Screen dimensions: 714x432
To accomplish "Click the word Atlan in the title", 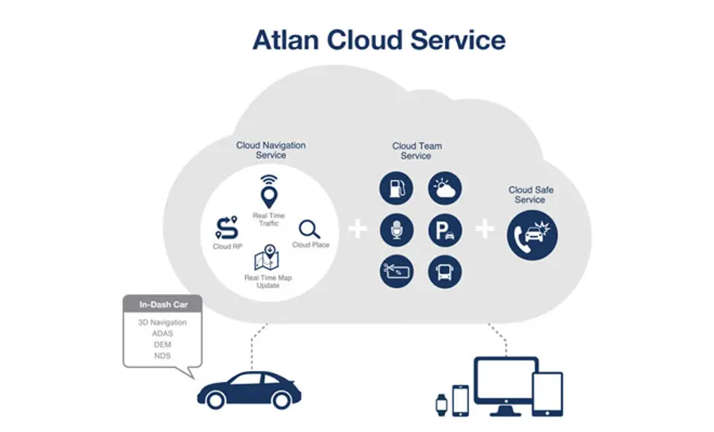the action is (x=286, y=40).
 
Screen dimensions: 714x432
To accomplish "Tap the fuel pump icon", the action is (x=396, y=188).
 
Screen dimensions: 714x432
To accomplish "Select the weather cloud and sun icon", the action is (x=445, y=188).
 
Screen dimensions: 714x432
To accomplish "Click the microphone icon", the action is (x=397, y=230).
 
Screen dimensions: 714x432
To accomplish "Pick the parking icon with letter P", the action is (x=445, y=230).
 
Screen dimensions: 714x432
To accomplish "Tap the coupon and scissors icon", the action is (x=397, y=271).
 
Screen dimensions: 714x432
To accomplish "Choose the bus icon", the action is (x=445, y=271).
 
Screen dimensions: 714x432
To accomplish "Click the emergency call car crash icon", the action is (x=532, y=235).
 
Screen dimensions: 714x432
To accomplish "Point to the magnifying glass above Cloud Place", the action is (x=309, y=230).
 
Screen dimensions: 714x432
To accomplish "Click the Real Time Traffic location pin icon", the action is (x=269, y=192).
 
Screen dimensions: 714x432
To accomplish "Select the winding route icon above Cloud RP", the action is (x=226, y=227).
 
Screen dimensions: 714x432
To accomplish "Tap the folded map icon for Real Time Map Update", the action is (x=267, y=258).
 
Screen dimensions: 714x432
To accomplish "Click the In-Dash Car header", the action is (x=163, y=304).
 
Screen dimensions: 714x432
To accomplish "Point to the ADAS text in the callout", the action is (x=163, y=334).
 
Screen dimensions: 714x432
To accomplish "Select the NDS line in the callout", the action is (x=162, y=356).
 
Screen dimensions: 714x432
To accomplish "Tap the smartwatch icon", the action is (x=441, y=405).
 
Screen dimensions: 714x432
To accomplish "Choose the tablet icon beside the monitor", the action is (x=547, y=394).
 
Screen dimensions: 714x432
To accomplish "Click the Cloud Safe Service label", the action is (x=531, y=195).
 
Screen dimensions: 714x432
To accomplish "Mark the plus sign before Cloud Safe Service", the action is (x=485, y=229).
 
